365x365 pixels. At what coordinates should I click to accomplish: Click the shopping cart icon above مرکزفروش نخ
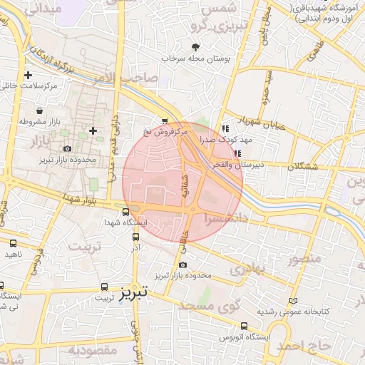click(x=165, y=122)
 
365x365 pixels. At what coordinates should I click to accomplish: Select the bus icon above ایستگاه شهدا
click(x=126, y=212)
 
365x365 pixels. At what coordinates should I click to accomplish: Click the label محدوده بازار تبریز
click(x=68, y=160)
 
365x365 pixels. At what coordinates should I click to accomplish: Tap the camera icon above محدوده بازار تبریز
click(x=68, y=149)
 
